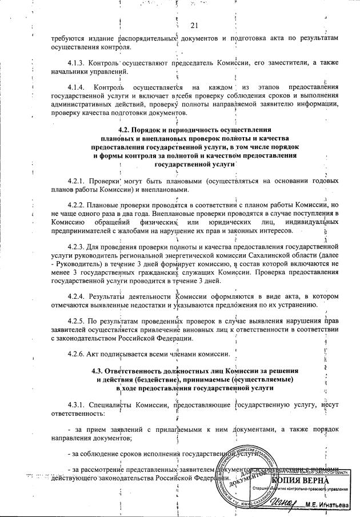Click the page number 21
193,25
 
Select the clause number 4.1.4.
78,87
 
